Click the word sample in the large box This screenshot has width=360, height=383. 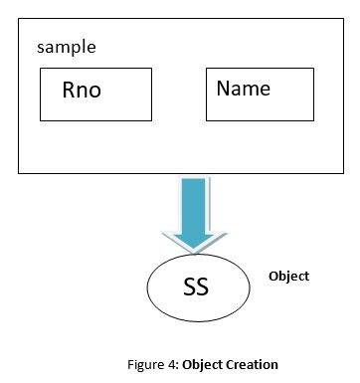click(66, 47)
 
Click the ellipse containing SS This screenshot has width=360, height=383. click(195, 288)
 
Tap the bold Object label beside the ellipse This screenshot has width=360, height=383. click(289, 276)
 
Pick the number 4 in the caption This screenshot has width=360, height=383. click(187, 364)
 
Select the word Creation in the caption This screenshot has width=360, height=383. click(256, 364)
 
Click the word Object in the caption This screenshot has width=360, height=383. click(214, 364)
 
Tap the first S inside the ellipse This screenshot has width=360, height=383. click(188, 289)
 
